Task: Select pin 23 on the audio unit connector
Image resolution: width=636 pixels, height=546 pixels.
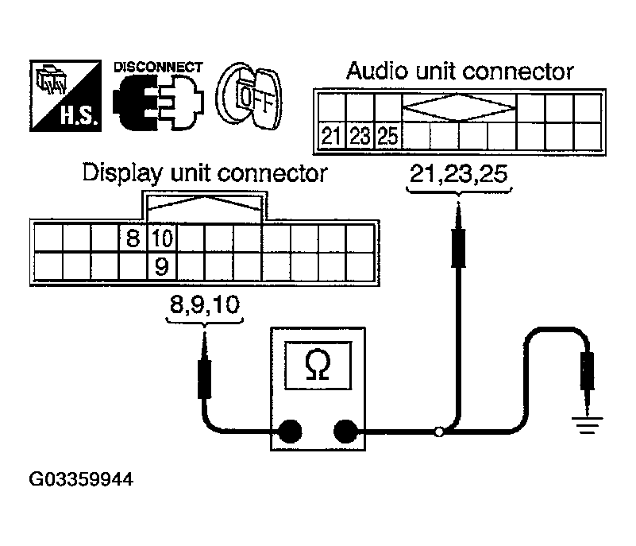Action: pos(359,136)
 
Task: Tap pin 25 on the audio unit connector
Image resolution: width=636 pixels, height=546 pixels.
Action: pos(387,136)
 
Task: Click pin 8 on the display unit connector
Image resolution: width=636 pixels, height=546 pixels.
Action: pos(133,237)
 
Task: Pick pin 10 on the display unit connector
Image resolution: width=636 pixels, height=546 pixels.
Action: pos(161,237)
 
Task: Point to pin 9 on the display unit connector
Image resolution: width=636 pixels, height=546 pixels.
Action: pos(161,266)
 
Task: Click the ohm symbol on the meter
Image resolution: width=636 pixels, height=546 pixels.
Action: pos(315,365)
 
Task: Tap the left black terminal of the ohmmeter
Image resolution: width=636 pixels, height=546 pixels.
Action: pos(289,432)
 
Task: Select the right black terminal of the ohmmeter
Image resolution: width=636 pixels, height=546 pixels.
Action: pos(345,432)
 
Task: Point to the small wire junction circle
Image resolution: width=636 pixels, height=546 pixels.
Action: pos(438,432)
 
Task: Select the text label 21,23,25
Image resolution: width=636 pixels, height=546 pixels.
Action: pos(458,174)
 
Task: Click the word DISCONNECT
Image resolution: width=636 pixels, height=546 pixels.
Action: pos(158,67)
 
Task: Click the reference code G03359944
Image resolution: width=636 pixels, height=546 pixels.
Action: pos(81,480)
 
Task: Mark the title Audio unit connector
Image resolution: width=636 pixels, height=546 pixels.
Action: pos(460,72)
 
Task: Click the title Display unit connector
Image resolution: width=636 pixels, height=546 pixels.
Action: pos(205,172)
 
